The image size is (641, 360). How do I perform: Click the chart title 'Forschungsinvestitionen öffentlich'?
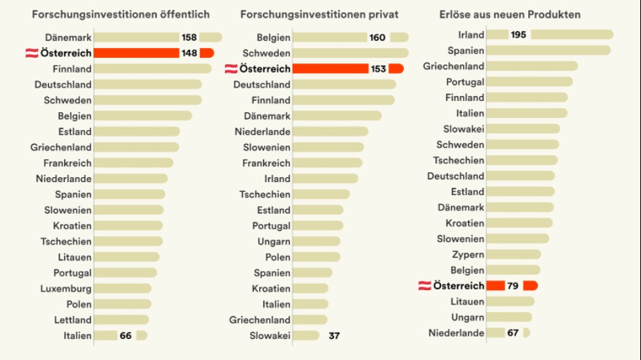pyautogui.click(x=121, y=14)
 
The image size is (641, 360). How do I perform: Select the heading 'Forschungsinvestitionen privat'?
pyautogui.click(x=319, y=14)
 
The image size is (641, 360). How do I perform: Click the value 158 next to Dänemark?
pyautogui.click(x=189, y=37)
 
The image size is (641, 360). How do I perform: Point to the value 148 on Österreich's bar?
pyautogui.click(x=189, y=53)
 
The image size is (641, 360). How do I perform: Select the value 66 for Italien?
pyautogui.click(x=126, y=335)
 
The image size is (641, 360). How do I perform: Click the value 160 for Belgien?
pyautogui.click(x=378, y=37)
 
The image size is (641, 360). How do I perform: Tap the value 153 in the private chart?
pyautogui.click(x=378, y=68)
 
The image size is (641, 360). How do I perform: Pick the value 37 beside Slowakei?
pyautogui.click(x=334, y=335)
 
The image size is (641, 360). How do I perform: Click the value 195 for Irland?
pyautogui.click(x=519, y=35)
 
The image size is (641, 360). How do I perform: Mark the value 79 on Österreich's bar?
pyautogui.click(x=514, y=285)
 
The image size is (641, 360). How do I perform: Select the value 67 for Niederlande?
pyautogui.click(x=513, y=332)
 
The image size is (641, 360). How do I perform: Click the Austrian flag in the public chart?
pyautogui.click(x=32, y=53)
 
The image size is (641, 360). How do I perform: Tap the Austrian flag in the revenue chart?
pyautogui.click(x=425, y=285)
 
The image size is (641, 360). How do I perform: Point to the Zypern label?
pyautogui.click(x=468, y=254)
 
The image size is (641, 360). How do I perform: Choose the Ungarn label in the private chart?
pyautogui.click(x=273, y=241)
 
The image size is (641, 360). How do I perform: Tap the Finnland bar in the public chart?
pyautogui.click(x=152, y=68)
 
